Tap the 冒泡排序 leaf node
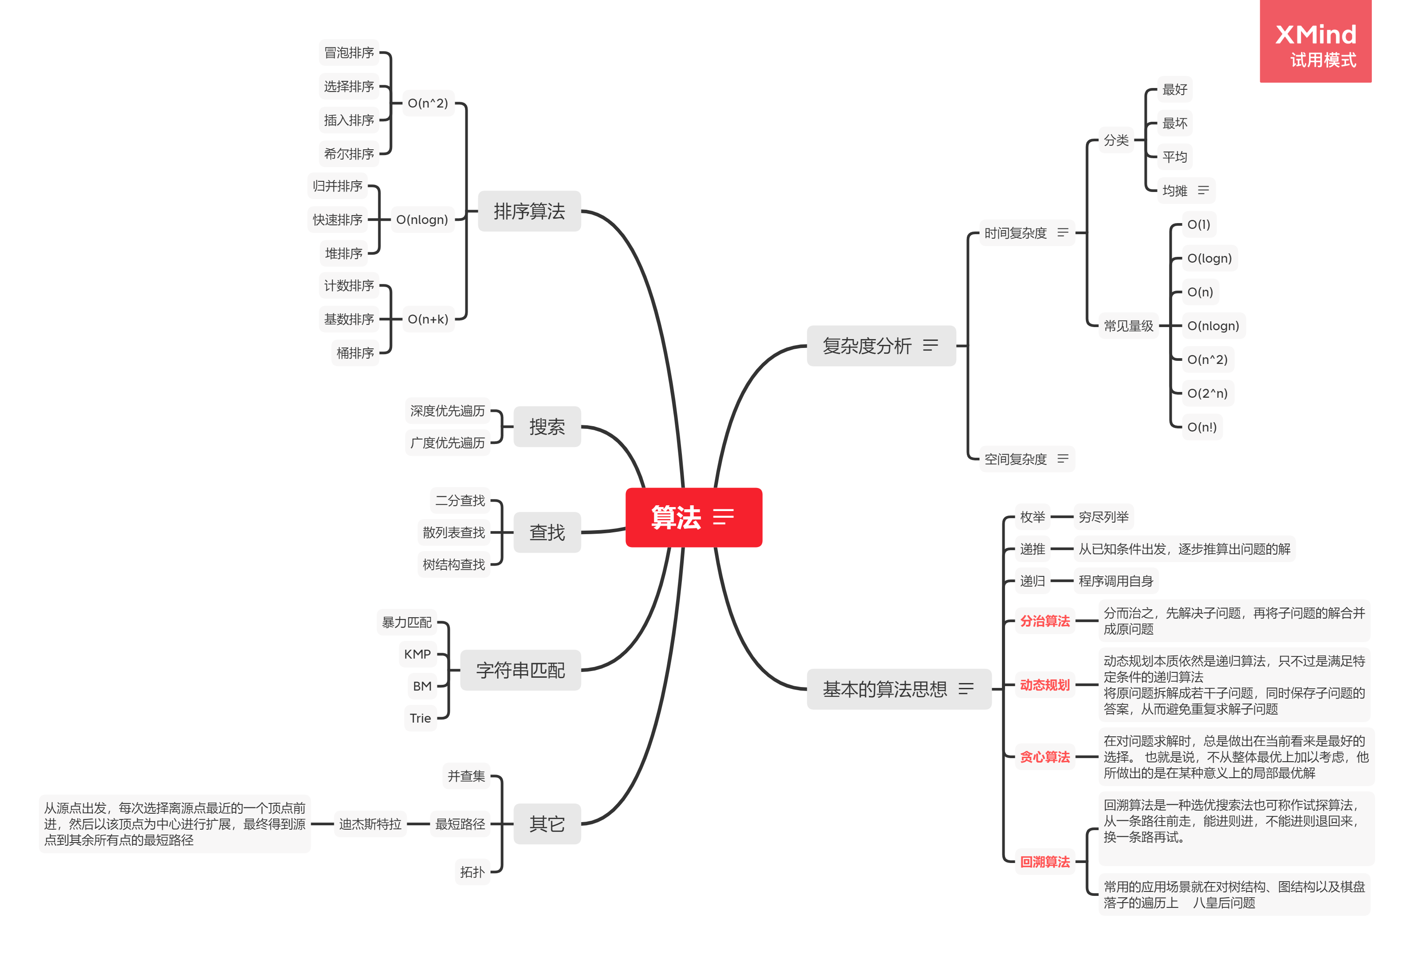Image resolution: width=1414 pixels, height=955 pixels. pos(348,53)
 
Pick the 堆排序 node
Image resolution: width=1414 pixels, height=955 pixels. pos(343,253)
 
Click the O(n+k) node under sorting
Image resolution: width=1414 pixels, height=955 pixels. pos(428,319)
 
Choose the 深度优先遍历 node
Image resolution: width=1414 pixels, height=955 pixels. pos(447,411)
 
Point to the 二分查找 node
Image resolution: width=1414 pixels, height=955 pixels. pos(460,501)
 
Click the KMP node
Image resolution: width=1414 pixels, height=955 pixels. pos(417,654)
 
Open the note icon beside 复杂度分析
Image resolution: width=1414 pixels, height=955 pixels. pos(930,345)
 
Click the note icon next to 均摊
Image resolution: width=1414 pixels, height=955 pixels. pos(1203,190)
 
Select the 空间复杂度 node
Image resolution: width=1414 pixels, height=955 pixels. pos(1015,459)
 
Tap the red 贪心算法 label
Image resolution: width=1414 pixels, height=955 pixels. pos(1045,757)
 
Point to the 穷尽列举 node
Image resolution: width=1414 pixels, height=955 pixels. pos(1103,517)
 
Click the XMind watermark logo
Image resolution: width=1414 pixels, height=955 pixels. pos(1315,41)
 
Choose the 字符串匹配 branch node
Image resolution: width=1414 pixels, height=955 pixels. pos(520,670)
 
